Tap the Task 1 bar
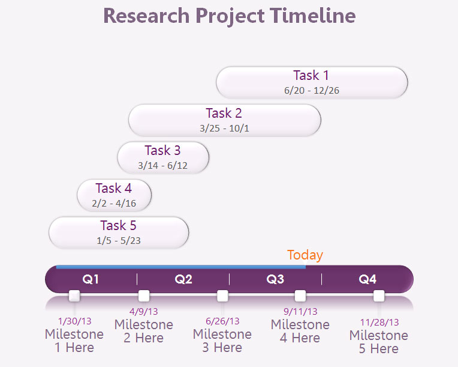click(312, 82)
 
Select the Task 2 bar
click(225, 120)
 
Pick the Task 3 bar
click(163, 158)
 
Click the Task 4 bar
click(115, 195)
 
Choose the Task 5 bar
click(119, 232)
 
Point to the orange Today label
click(305, 255)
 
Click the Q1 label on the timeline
click(91, 279)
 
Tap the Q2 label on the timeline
click(183, 279)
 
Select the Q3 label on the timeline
click(275, 279)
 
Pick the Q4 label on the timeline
click(367, 279)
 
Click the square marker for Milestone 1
click(74, 296)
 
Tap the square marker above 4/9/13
click(144, 296)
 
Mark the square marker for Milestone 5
click(379, 296)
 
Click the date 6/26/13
click(222, 321)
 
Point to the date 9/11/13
click(300, 311)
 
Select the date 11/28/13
click(379, 322)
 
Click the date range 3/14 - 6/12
click(162, 166)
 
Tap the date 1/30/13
click(75, 321)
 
